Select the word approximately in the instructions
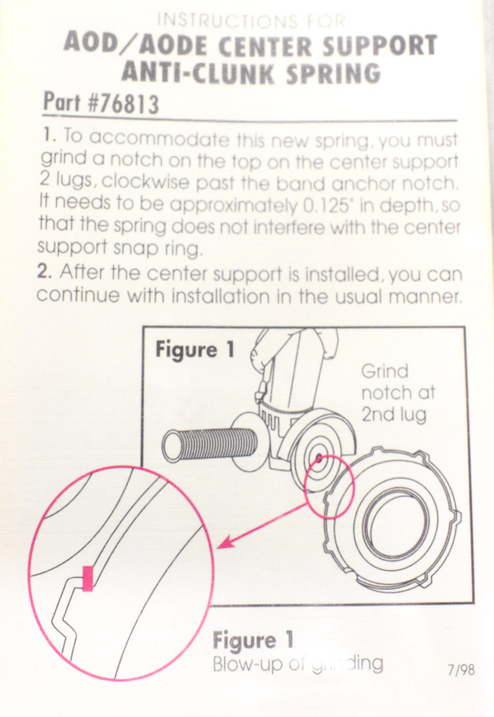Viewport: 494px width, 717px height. tap(233, 206)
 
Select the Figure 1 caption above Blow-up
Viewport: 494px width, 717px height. tap(252, 640)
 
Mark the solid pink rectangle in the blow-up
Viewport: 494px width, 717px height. tap(88, 578)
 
